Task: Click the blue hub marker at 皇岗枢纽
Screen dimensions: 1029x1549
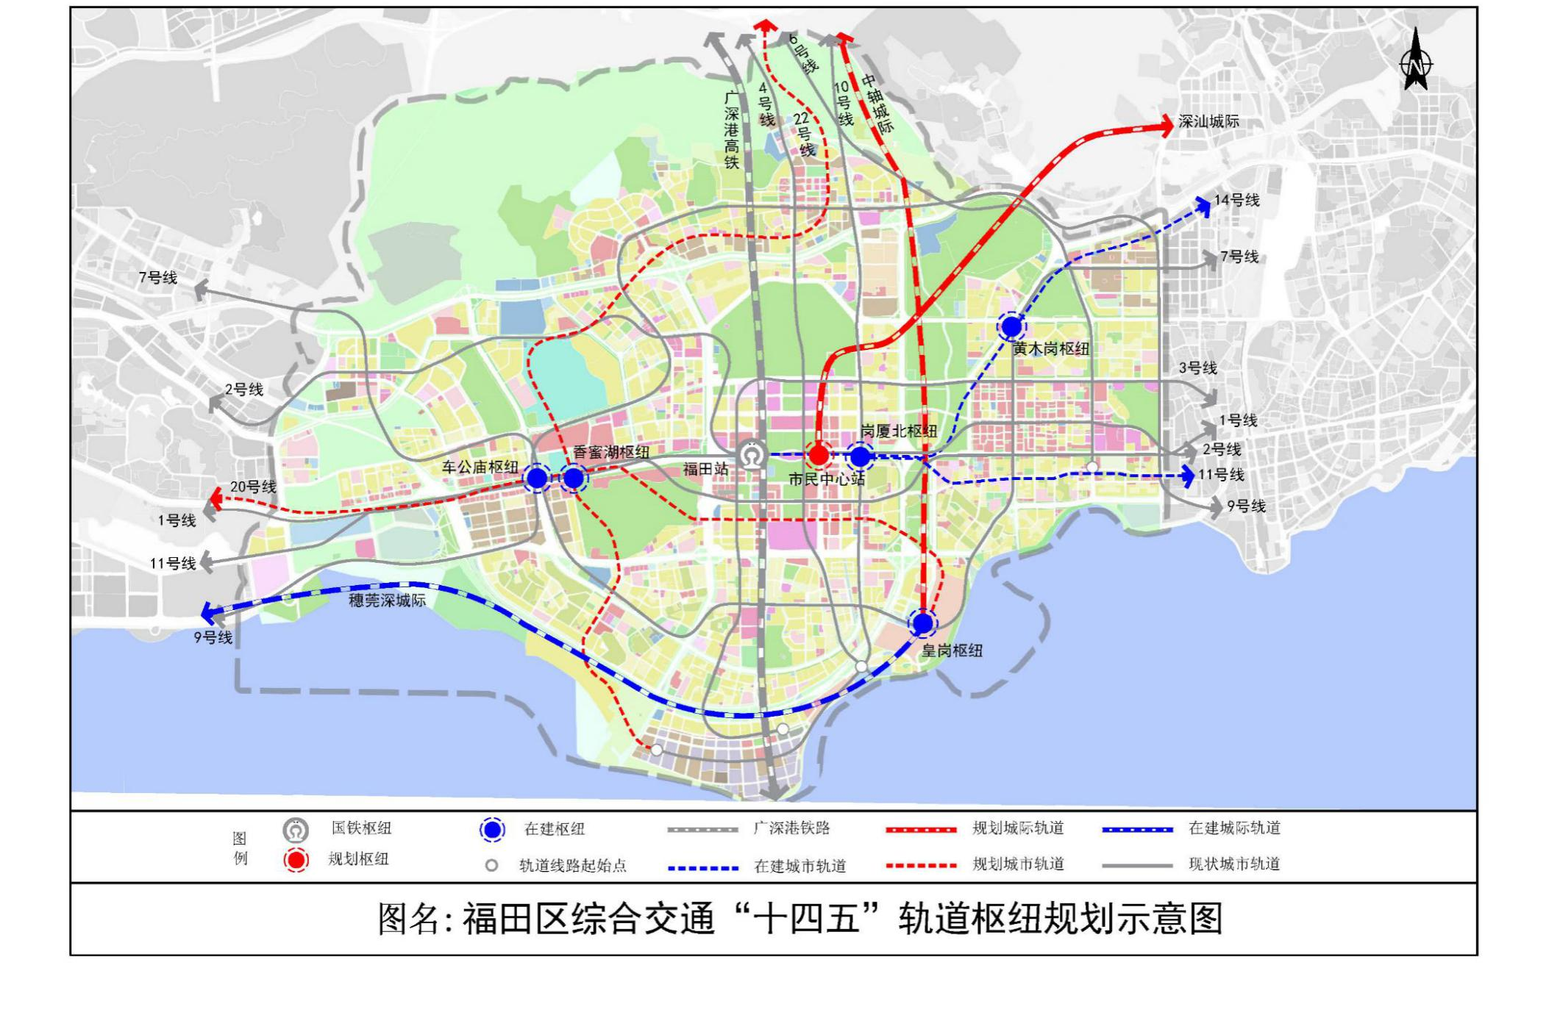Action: point(922,623)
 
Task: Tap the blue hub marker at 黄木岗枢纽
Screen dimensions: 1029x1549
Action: point(1011,326)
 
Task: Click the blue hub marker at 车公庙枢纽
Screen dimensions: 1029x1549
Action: point(538,478)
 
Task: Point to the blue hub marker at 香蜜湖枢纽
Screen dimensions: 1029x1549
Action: point(573,478)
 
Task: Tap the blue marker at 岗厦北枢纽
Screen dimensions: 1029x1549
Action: point(860,456)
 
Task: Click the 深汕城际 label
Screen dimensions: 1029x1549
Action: point(1208,122)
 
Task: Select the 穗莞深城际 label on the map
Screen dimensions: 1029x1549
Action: point(388,600)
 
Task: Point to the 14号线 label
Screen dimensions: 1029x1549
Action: point(1236,200)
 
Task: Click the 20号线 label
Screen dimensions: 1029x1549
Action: point(253,487)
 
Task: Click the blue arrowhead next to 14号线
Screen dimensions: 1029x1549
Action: point(1203,207)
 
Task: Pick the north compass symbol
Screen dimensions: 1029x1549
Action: point(1416,61)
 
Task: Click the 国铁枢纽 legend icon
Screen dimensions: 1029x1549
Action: point(296,830)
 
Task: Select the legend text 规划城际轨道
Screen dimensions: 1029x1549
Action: point(1018,828)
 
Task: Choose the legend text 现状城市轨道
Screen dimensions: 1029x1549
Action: point(1234,864)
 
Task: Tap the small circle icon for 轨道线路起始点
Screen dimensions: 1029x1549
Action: point(491,866)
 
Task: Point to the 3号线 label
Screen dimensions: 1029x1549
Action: point(1197,368)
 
